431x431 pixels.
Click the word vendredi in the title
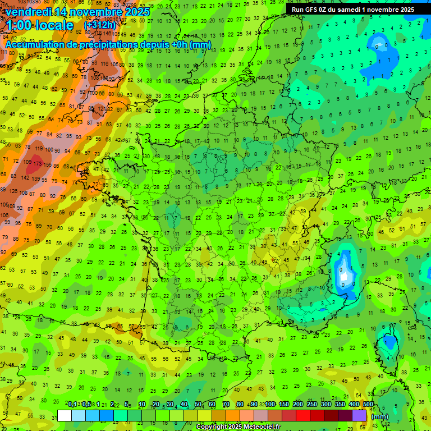(x=29, y=12)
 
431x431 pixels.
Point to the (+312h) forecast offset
(x=100, y=25)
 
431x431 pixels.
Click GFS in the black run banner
(x=313, y=9)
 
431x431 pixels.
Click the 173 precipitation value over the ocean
(x=38, y=163)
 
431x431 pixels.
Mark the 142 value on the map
(x=24, y=177)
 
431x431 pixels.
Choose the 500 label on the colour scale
(x=368, y=404)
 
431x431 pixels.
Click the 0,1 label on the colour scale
(x=72, y=404)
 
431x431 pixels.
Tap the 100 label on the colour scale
(x=270, y=404)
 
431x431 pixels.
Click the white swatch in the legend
(x=65, y=415)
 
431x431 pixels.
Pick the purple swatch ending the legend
(x=359, y=415)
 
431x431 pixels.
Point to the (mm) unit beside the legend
(x=380, y=416)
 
